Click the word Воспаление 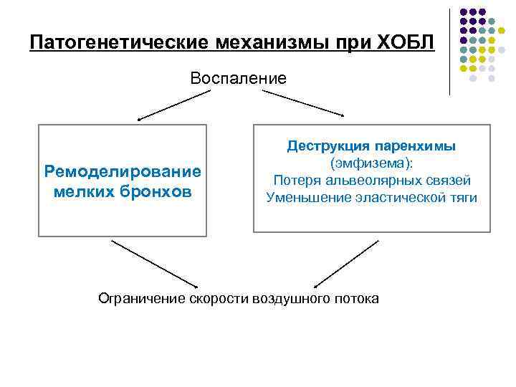[x=238, y=78]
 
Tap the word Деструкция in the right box [x=328, y=145]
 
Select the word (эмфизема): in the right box [x=371, y=163]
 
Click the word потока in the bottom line [x=356, y=297]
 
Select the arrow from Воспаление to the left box [x=164, y=107]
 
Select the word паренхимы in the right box [x=424, y=145]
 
